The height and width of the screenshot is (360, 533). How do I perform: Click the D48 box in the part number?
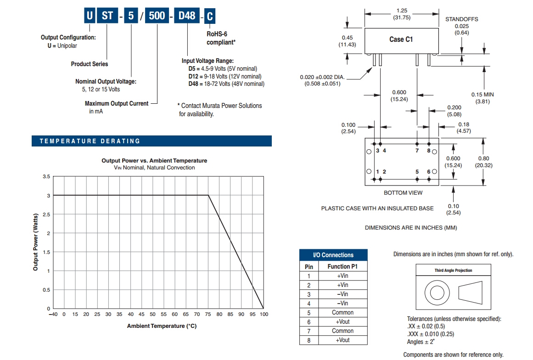(187, 16)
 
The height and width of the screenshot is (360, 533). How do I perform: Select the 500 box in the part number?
(158, 16)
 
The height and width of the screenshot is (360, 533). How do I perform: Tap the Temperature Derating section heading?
(90, 141)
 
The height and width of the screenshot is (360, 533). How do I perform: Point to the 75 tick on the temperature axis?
(208, 314)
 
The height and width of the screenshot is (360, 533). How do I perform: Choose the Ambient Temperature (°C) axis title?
(162, 326)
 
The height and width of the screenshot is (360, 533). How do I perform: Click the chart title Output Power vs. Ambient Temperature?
(154, 161)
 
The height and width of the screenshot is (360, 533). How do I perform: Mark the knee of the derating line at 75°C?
(208, 196)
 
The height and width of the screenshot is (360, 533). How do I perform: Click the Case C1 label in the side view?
(401, 39)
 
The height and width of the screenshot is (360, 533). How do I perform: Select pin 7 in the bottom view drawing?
(417, 151)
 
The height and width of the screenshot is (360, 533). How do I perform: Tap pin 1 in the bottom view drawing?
(377, 172)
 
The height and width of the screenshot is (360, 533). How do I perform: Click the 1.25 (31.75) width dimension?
(402, 14)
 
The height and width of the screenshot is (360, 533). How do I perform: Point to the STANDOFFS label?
(461, 19)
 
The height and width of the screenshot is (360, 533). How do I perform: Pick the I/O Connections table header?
(333, 255)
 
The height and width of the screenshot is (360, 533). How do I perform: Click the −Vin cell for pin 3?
(342, 294)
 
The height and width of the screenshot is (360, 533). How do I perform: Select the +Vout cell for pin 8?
(342, 340)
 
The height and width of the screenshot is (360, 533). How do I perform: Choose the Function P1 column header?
(342, 266)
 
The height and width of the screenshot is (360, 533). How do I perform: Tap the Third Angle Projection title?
(453, 270)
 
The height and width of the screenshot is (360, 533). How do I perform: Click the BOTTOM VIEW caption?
(403, 193)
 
